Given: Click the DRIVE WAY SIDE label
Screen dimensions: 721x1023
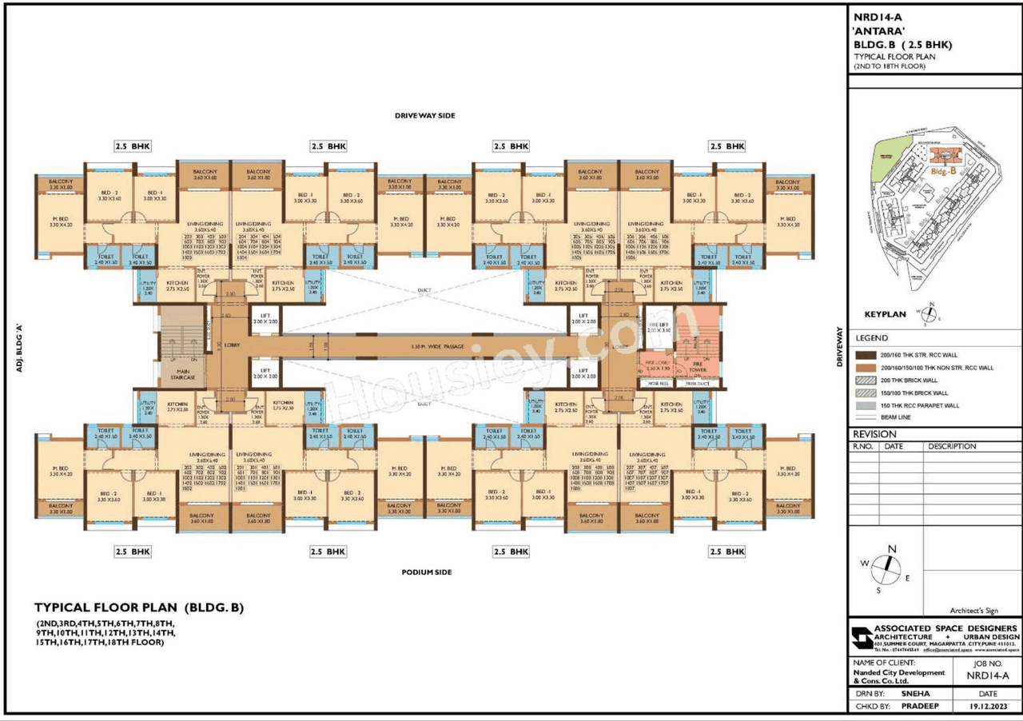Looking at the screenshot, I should click(x=424, y=116).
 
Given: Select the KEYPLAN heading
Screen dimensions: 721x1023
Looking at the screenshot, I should click(x=885, y=314).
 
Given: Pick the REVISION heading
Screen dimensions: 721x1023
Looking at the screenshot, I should click(x=874, y=434).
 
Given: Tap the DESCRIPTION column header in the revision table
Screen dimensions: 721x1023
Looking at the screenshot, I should click(x=952, y=447).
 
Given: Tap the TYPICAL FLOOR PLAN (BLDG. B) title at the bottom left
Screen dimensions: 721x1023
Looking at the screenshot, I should click(x=138, y=607).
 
